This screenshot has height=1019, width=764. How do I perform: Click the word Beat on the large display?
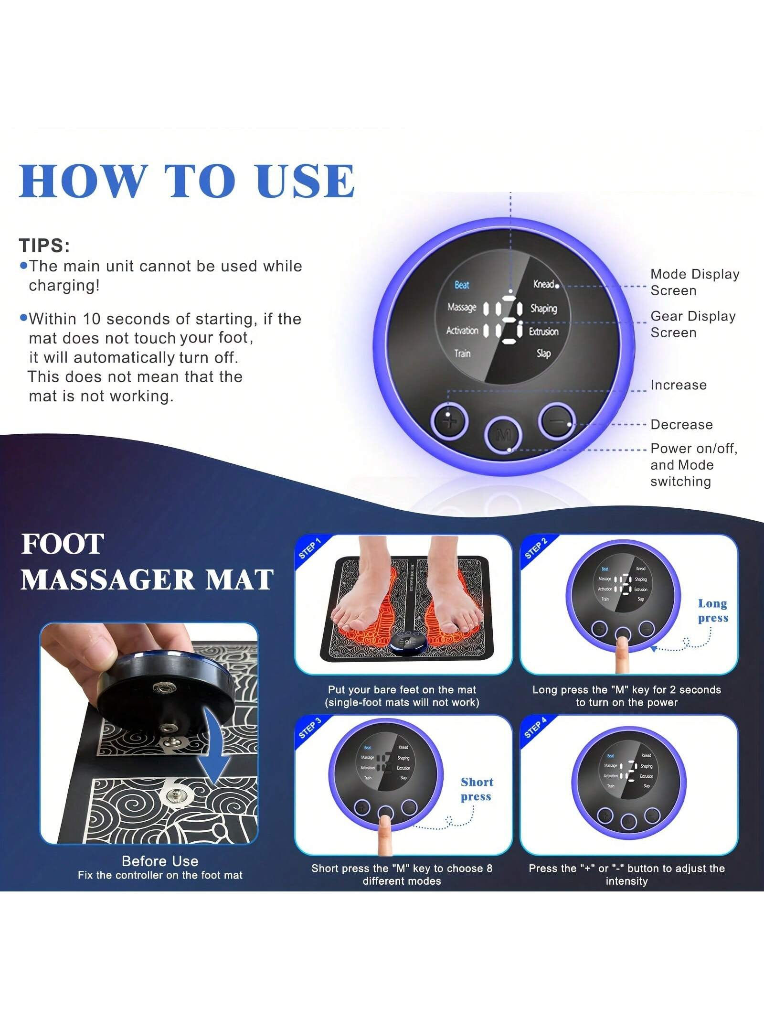tap(461, 285)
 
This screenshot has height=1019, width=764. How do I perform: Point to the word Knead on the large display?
tap(543, 284)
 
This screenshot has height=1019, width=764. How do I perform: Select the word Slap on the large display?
tap(543, 354)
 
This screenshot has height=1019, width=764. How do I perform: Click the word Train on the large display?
tap(462, 354)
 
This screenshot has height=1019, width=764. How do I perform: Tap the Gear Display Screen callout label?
tap(692, 324)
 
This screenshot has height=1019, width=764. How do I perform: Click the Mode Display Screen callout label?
tap(694, 282)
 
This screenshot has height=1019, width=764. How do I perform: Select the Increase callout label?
tap(678, 385)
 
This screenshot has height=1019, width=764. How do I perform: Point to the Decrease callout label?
tap(681, 425)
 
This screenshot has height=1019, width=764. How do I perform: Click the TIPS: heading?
tap(44, 246)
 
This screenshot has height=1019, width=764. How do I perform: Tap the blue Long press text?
tap(712, 611)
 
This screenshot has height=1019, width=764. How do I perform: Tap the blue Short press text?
tap(476, 789)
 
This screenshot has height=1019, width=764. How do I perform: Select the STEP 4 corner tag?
tap(535, 728)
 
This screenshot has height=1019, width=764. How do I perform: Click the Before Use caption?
tap(160, 861)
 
